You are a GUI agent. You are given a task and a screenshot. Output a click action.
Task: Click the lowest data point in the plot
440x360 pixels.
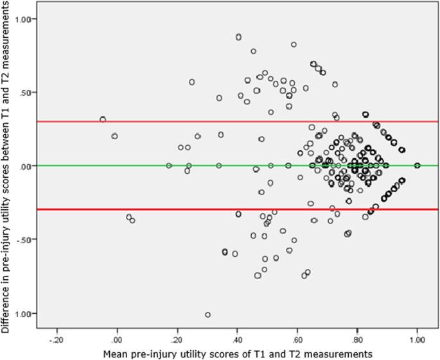pos(207,314)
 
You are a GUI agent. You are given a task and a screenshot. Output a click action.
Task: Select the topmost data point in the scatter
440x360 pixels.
pos(238,37)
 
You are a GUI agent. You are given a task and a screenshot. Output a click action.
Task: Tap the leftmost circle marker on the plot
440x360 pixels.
pos(103,119)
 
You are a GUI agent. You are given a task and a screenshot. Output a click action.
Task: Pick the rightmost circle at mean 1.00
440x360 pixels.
pos(417,165)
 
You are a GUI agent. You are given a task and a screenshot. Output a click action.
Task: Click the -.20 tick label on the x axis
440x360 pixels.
pos(57,339)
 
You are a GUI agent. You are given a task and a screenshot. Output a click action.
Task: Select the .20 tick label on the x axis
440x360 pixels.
pos(177,339)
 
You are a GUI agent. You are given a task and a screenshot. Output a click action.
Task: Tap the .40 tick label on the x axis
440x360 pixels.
pos(237,339)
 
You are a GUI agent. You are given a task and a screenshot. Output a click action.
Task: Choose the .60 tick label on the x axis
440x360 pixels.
pos(297,339)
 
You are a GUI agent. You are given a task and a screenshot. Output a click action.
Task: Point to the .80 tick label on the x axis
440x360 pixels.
pos(357,339)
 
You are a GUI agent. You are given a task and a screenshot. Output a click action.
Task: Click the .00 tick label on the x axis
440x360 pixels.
pos(117,339)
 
